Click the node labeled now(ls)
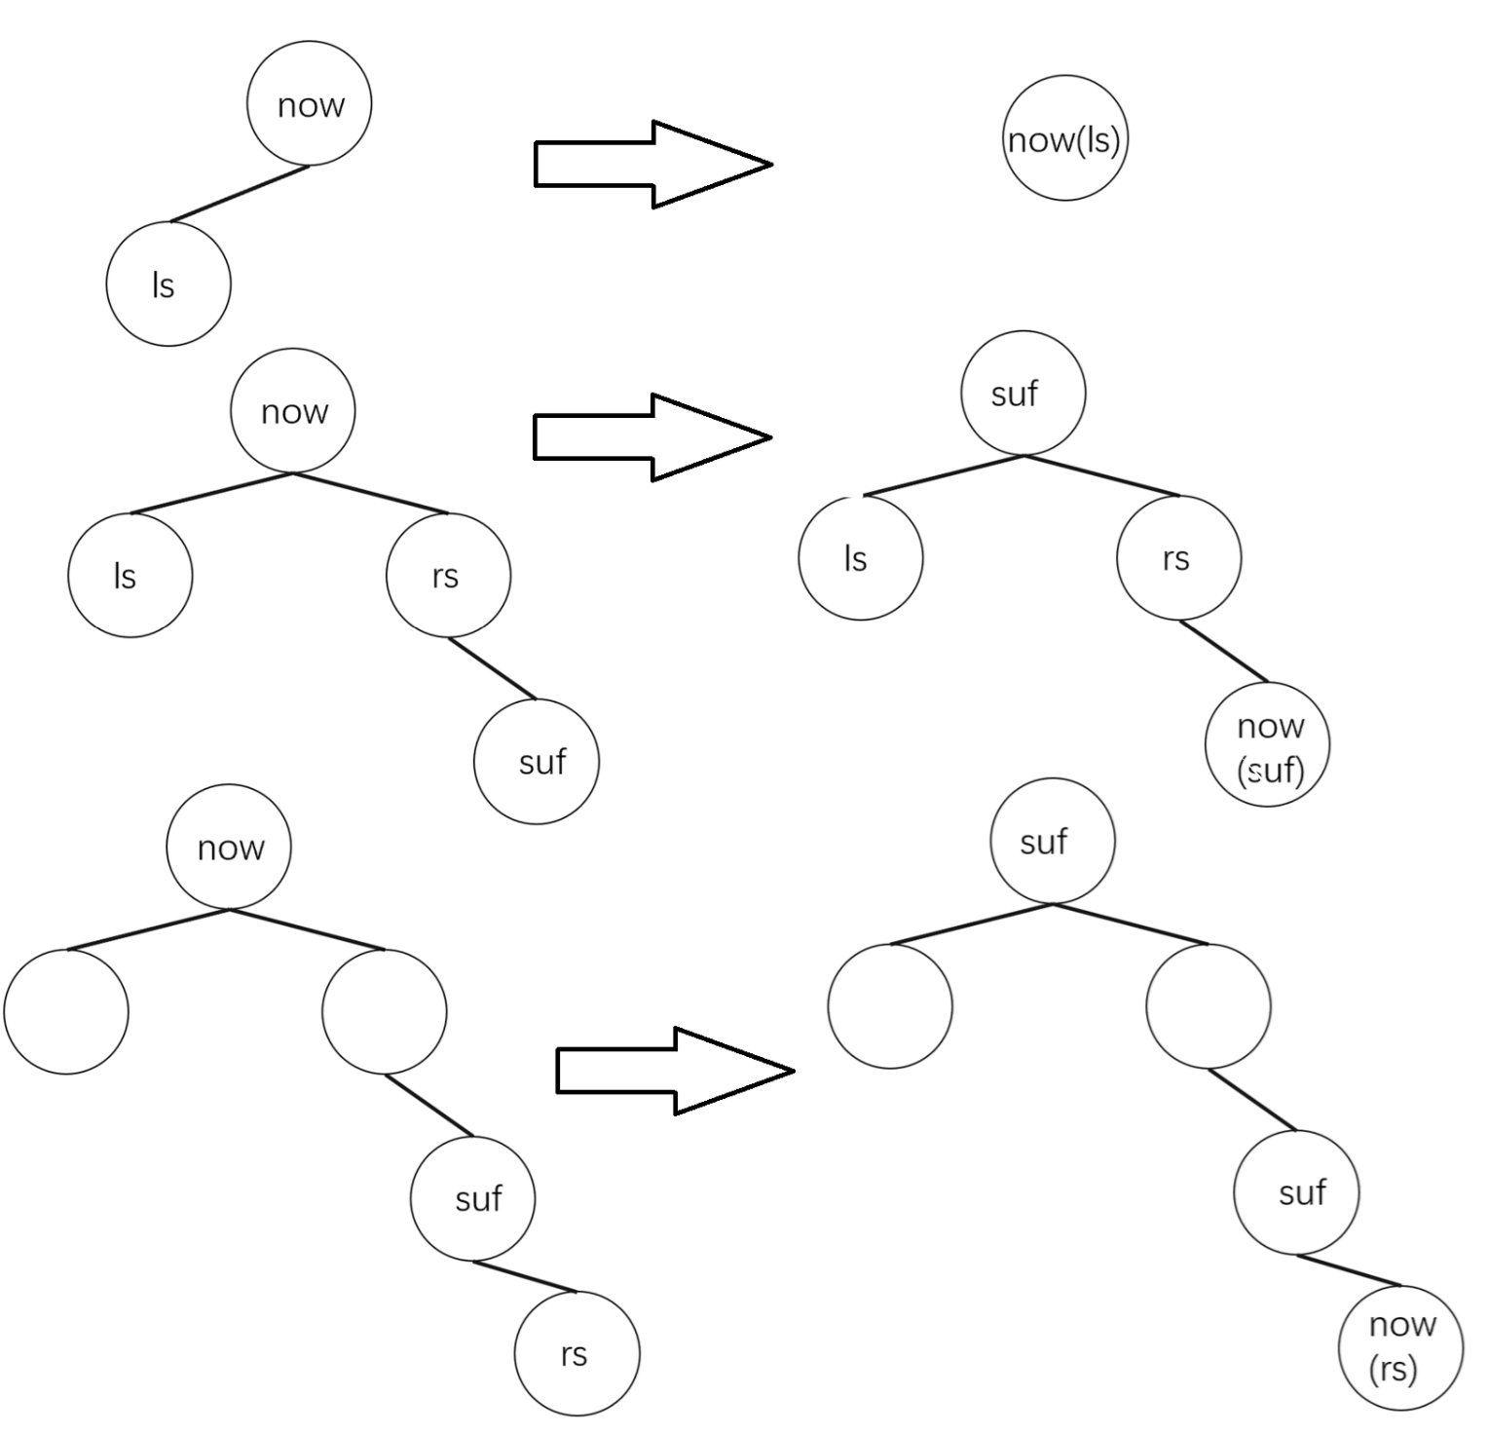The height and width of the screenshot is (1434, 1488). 1064,138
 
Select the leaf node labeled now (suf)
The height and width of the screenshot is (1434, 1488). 1267,745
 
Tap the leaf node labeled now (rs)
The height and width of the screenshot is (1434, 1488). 1400,1346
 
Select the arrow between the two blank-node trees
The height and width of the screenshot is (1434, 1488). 674,1071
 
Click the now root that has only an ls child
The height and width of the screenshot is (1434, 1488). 309,103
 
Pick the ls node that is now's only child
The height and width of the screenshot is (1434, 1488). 167,283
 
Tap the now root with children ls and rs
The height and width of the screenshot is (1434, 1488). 292,411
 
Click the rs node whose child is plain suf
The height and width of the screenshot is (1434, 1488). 448,575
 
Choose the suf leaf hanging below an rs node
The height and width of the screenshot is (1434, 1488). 536,761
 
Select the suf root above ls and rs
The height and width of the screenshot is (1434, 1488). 1023,393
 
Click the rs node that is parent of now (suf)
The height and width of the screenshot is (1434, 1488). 1178,558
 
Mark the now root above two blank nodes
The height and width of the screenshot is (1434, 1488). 229,847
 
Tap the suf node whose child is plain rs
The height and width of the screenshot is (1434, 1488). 472,1198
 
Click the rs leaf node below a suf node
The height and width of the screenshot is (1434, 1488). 577,1353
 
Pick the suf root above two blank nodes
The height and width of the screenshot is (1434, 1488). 1052,841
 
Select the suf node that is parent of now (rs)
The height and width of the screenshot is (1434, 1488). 1295,1192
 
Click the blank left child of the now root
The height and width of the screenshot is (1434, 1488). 65,1011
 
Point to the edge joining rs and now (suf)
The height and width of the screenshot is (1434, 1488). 1223,651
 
